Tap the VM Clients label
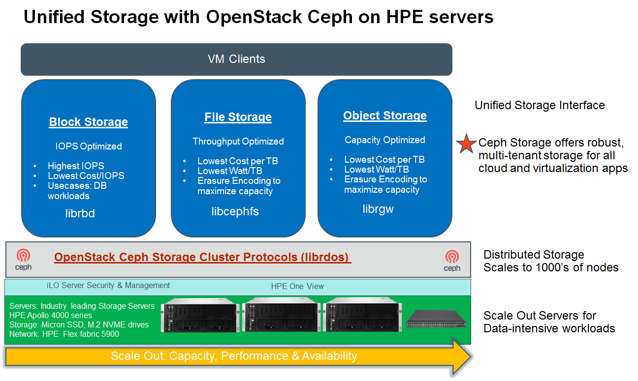(236, 59)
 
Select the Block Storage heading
(89, 122)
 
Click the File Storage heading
(238, 117)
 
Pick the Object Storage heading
(385, 116)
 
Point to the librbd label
(80, 213)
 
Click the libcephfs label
(235, 211)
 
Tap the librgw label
(378, 209)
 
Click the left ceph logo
(23, 260)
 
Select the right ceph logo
(452, 260)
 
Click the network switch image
(436, 319)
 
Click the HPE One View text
(297, 286)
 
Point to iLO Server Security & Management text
(108, 285)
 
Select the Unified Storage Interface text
(540, 105)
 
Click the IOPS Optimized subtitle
(89, 146)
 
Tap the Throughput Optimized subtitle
(238, 141)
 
